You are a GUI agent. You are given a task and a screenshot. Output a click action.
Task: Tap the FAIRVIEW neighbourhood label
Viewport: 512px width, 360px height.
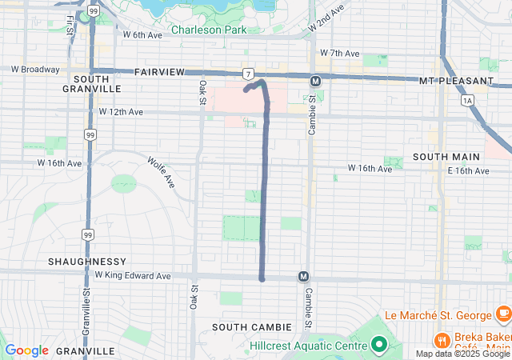(x=159, y=72)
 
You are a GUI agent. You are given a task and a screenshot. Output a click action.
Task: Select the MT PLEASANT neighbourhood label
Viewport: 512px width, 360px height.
(x=456, y=82)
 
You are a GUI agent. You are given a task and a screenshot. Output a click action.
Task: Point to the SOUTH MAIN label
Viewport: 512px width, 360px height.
(x=446, y=157)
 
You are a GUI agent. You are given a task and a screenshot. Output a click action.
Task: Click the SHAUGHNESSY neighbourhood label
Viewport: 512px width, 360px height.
(x=87, y=262)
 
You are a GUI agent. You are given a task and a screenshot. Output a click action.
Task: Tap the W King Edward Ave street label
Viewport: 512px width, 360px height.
(x=133, y=275)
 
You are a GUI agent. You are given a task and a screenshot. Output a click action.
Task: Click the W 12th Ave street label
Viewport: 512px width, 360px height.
(x=121, y=112)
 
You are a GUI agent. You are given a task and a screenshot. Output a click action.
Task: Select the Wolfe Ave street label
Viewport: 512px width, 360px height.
(x=161, y=172)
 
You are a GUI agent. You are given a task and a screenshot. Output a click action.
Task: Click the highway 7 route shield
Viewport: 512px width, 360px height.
(x=250, y=73)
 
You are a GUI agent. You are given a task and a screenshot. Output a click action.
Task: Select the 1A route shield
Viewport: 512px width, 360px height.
(x=467, y=100)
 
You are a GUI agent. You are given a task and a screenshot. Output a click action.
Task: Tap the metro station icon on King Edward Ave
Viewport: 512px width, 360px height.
(x=303, y=276)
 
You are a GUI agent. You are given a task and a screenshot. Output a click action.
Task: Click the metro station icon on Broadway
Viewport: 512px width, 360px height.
(x=315, y=81)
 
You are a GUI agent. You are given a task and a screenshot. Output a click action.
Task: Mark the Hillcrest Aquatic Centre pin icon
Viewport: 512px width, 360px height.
(x=378, y=346)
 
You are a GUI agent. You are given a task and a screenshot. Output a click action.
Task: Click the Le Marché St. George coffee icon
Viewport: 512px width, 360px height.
(x=502, y=312)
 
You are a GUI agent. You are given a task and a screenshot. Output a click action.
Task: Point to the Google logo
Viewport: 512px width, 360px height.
(x=26, y=350)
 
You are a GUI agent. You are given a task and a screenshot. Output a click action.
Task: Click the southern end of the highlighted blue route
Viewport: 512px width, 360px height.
(x=262, y=279)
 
